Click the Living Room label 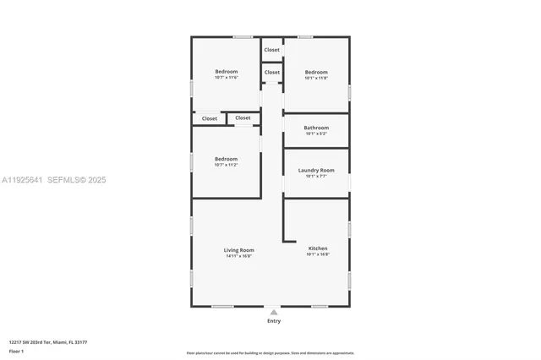point(238,250)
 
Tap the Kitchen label point(317,248)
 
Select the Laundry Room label point(316,171)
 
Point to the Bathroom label point(316,128)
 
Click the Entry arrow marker point(273,312)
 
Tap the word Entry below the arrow point(274,321)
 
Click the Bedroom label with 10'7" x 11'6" point(226,72)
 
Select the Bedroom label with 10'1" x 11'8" point(316,72)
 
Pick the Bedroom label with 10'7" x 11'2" point(226,159)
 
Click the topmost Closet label point(271,50)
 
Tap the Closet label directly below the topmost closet point(271,73)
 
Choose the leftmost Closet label point(209,118)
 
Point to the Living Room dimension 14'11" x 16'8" point(238,256)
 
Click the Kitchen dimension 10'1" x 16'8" point(317,254)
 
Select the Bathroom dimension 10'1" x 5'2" point(316,134)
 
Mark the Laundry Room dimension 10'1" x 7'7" point(316,177)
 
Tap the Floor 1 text point(16,351)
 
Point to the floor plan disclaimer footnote point(270,353)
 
